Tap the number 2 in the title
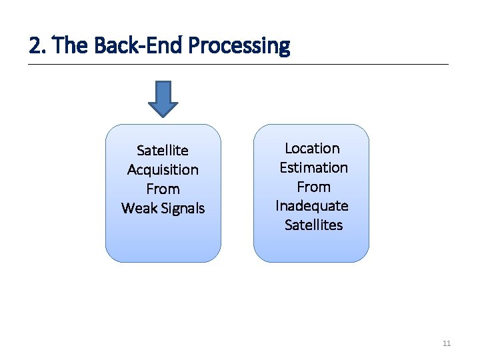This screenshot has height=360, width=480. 34,46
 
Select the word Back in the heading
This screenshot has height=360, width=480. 111,46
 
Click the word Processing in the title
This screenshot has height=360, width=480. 239,46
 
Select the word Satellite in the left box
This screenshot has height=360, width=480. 163,151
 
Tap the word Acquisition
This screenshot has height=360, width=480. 163,170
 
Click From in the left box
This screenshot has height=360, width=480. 163,189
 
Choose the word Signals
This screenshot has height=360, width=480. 182,209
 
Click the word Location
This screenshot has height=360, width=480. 312,149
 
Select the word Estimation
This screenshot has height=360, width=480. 313,168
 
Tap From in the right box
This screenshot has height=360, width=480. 313,187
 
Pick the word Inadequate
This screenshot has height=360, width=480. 312,206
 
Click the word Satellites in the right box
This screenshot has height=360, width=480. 313,225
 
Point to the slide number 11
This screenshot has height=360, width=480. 447,344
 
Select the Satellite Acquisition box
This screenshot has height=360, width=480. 163,240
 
